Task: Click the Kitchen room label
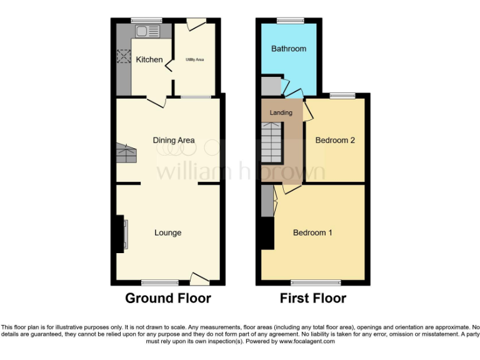(x=149, y=60)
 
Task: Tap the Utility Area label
(x=195, y=60)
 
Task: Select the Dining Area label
(x=174, y=141)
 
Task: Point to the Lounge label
(x=168, y=233)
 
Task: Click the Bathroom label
(x=289, y=49)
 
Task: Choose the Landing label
(x=281, y=113)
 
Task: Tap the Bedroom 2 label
(x=335, y=141)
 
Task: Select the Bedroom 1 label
(x=312, y=233)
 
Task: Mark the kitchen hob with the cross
(x=122, y=56)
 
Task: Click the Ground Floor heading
(x=168, y=298)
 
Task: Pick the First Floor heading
(x=312, y=298)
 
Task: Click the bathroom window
(x=288, y=21)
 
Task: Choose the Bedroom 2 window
(x=342, y=95)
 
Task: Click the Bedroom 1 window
(x=316, y=282)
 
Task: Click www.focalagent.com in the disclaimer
(x=307, y=342)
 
